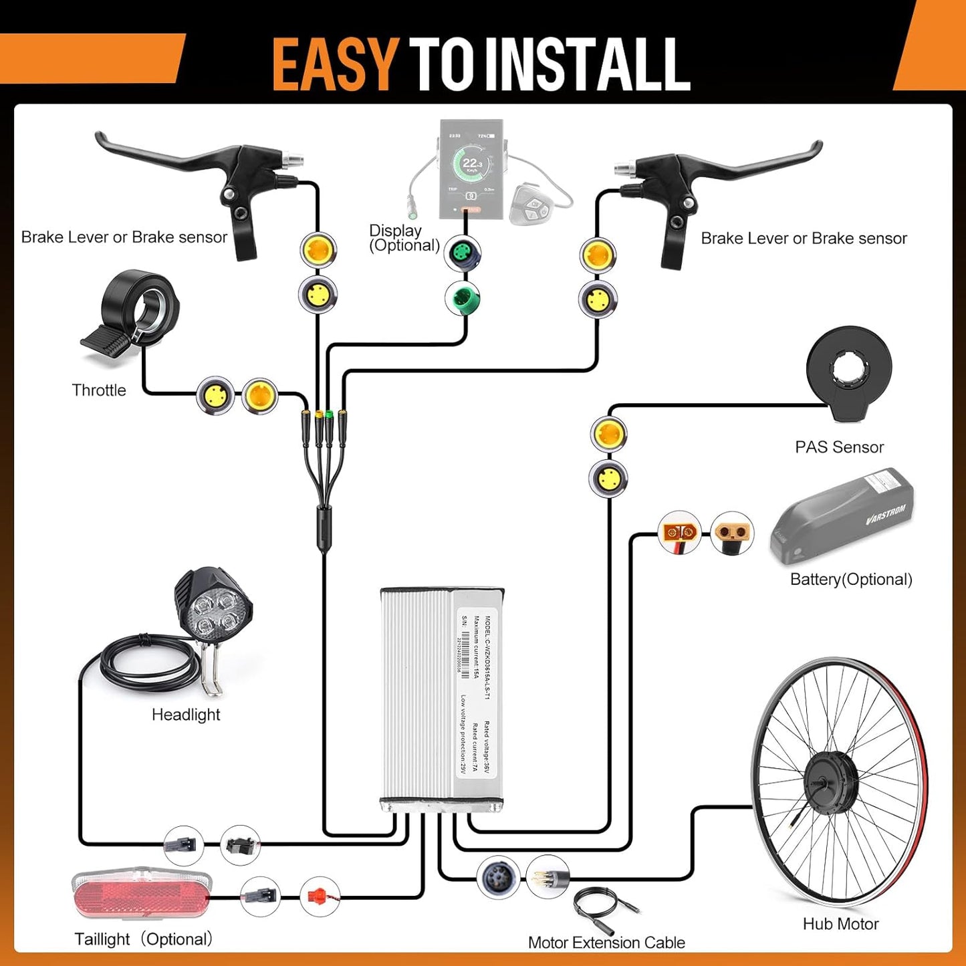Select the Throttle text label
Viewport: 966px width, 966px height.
click(x=99, y=390)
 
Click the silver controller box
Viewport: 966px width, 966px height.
click(x=441, y=695)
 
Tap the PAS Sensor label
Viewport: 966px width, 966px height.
click(x=839, y=447)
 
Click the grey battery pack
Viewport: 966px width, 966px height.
click(x=842, y=518)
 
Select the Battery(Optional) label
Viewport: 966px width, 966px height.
click(x=851, y=580)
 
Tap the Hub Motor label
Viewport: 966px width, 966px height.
click(x=840, y=924)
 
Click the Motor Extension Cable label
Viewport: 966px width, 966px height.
click(x=606, y=943)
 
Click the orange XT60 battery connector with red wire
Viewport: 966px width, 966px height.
click(x=679, y=533)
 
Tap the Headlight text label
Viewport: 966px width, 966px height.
click(x=186, y=715)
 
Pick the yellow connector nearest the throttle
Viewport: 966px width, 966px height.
click(x=215, y=395)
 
